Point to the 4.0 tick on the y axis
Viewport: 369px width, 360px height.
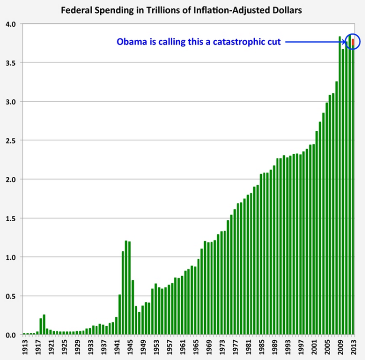click(10, 24)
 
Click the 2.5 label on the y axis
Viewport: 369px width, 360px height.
click(10, 141)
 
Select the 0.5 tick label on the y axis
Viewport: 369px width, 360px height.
click(10, 296)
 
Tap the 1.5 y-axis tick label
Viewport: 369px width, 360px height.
click(10, 218)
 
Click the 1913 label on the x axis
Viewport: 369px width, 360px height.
click(24, 347)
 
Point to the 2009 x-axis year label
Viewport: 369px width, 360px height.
click(340, 347)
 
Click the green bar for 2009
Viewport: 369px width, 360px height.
click(340, 187)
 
